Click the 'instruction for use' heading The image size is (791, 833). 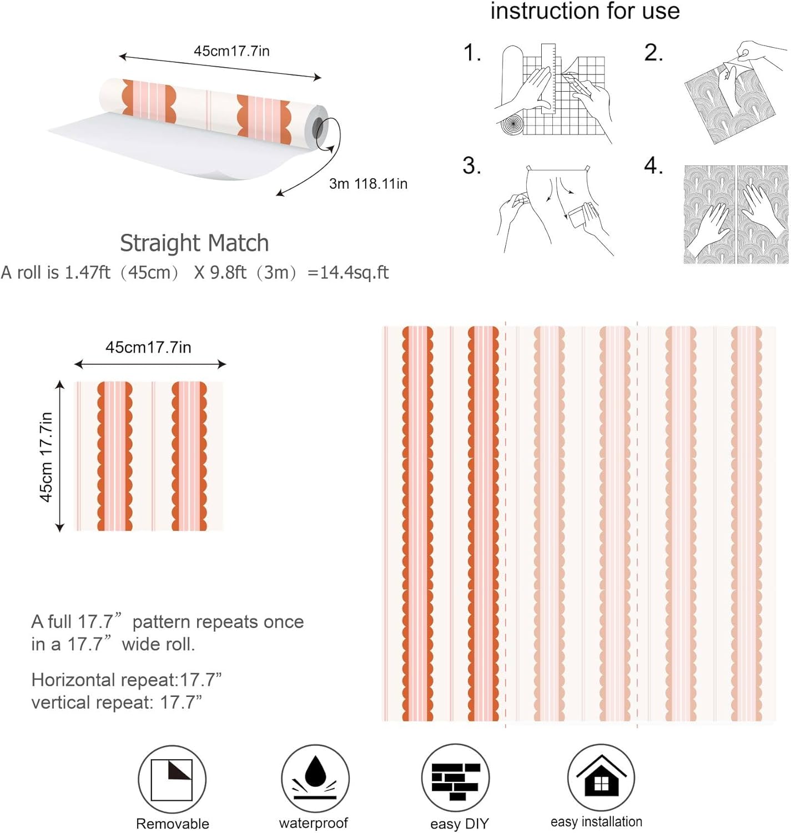click(x=585, y=11)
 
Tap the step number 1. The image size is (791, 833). click(x=472, y=53)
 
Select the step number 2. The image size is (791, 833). click(x=653, y=53)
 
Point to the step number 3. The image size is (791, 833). click(x=472, y=165)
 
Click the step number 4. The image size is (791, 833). click(x=653, y=165)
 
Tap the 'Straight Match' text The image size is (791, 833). click(x=194, y=243)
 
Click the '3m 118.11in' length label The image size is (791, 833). click(x=368, y=184)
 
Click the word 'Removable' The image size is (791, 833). click(x=173, y=824)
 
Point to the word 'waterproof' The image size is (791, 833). click(x=314, y=823)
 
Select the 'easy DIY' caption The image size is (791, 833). click(x=459, y=824)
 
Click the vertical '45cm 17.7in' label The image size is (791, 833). click(x=46, y=456)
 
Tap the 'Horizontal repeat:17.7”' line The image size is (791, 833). click(x=127, y=680)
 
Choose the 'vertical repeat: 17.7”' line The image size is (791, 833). click(x=117, y=702)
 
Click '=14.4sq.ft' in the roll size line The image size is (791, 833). click(x=348, y=272)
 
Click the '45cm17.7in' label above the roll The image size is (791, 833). click(x=232, y=51)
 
